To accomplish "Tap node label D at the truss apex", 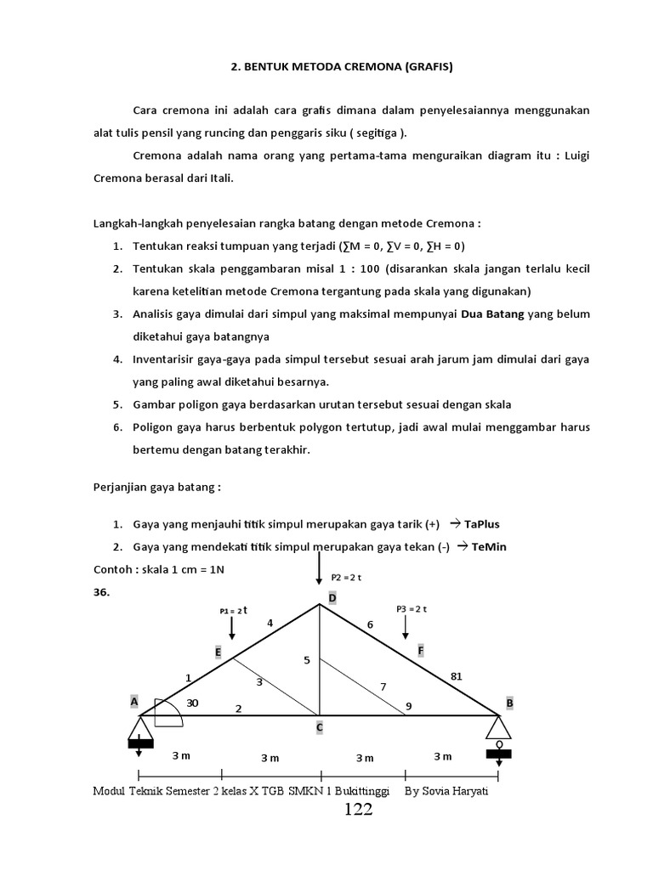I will pos(321,599).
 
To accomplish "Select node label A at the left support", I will pos(133,702).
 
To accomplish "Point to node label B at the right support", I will pos(510,703).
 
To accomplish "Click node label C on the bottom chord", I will pos(320,727).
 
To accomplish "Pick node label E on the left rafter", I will pos(218,651).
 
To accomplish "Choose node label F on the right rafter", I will pos(420,650).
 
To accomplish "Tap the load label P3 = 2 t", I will pos(411,608).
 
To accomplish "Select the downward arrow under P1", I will pos(231,628).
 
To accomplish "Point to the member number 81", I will pos(456,676).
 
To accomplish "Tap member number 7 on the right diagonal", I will pos(383,685).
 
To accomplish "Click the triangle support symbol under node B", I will pos(498,727).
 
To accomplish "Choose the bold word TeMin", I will pos(485,546).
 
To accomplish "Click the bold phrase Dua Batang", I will pos(492,314).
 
